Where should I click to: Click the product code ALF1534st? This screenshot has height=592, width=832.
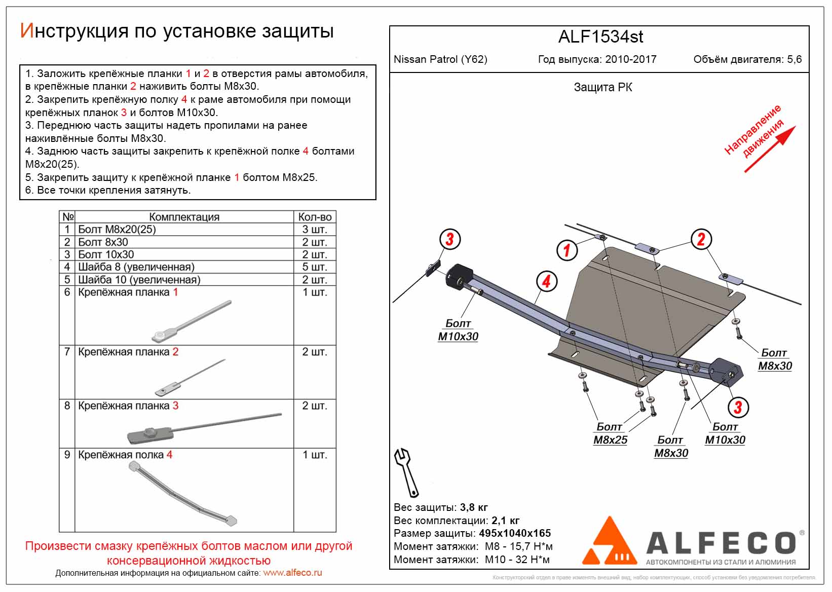600,37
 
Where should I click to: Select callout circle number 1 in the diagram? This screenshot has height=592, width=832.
566,249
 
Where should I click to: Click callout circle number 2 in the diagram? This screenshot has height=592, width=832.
701,239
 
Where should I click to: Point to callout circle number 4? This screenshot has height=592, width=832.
546,281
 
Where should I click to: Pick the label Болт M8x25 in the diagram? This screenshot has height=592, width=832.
610,433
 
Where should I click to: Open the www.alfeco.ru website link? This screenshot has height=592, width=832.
292,573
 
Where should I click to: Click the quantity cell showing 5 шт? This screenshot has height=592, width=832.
315,267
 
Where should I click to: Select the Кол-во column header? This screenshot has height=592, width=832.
315,217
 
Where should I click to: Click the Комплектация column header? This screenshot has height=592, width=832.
184,217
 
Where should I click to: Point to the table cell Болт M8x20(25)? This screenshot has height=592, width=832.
117,230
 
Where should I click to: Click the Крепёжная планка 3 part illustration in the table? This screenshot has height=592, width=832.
203,427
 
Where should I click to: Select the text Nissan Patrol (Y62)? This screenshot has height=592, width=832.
440,59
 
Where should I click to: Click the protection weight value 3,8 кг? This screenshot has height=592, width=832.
474,507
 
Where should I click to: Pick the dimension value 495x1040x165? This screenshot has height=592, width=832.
515,533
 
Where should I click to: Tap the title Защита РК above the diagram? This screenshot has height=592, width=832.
602,87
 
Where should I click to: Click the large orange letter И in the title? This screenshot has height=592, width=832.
27,31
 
